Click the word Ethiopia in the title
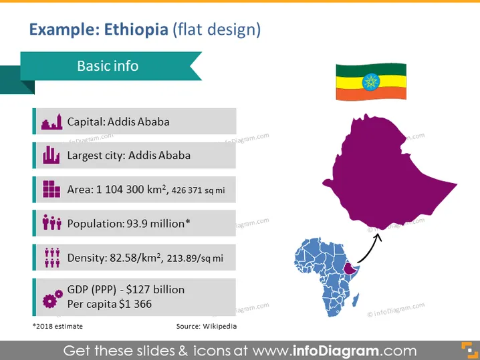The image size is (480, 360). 136,29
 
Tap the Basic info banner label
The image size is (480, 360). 108,65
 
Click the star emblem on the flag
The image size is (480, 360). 371,82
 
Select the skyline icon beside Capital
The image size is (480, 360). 51,122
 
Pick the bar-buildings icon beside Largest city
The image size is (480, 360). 51,155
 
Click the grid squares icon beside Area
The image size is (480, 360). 51,189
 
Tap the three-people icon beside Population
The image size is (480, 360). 51,222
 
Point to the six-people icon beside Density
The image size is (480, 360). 52,258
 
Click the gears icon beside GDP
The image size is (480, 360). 53,299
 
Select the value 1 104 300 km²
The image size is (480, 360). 131,189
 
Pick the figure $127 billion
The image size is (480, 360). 155,289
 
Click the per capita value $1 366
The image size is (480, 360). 135,304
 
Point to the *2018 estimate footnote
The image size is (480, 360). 57,327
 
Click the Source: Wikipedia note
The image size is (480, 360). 207,327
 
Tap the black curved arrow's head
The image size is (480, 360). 378,237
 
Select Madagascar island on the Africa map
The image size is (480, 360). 356,300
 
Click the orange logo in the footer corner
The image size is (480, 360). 469,350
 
